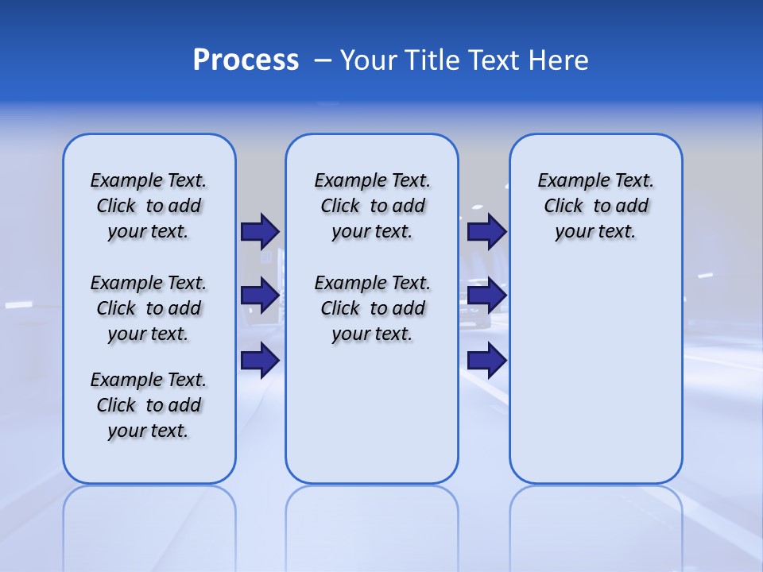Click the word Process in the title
(x=246, y=60)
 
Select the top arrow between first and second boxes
(x=259, y=231)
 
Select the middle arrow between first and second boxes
(x=259, y=296)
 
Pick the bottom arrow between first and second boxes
(x=259, y=361)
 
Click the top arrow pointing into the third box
(x=486, y=231)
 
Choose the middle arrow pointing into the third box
(x=486, y=296)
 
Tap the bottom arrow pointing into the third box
(x=486, y=361)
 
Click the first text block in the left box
(x=149, y=206)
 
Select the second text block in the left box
(x=149, y=308)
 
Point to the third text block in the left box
(x=149, y=405)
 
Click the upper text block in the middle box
(x=372, y=206)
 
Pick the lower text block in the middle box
(x=372, y=308)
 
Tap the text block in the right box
(x=596, y=206)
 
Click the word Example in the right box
(x=567, y=181)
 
